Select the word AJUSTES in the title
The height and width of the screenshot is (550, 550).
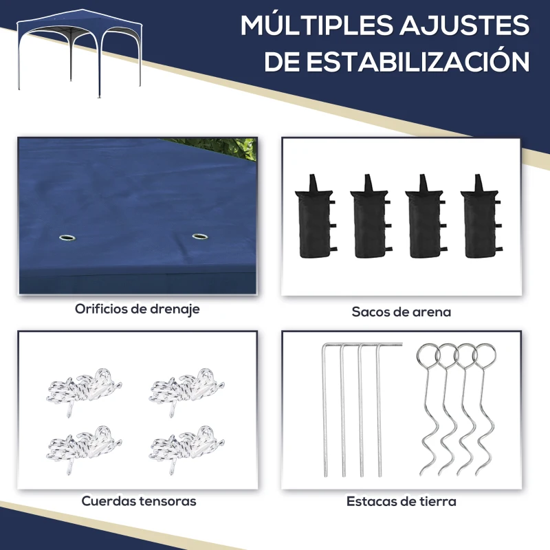coord(465,25)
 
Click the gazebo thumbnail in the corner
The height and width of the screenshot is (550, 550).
coord(80,54)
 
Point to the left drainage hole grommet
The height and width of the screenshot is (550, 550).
coord(67,238)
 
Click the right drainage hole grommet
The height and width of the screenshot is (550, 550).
coord(200,236)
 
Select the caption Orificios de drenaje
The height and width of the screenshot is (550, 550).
coord(137,309)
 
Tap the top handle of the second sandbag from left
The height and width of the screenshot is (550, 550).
coord(368,182)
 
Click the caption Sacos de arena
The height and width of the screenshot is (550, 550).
coord(401,312)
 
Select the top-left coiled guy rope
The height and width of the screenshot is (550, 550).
coord(83,391)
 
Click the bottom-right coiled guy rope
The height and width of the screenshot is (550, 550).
coord(186,449)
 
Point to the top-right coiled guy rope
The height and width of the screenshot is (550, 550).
coord(186,391)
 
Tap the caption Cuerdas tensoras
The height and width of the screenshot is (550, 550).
coord(139,501)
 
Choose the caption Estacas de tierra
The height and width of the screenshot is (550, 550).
coord(401,502)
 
